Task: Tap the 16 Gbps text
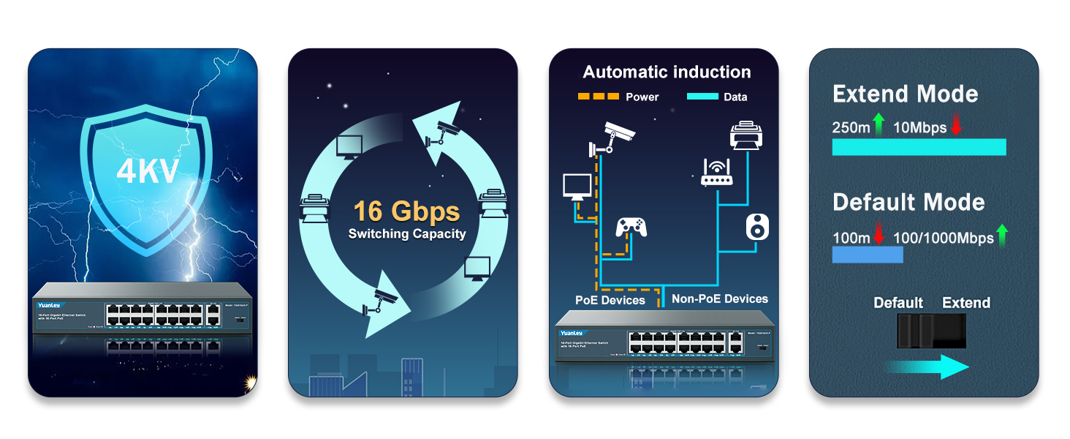(406, 211)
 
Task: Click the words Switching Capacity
(406, 234)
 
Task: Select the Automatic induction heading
(667, 72)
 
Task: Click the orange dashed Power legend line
(597, 97)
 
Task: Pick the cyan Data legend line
(704, 97)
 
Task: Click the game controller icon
(631, 226)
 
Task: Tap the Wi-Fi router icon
(716, 173)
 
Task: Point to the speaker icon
(757, 227)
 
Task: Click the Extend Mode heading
(905, 94)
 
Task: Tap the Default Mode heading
(908, 202)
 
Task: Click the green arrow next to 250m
(879, 126)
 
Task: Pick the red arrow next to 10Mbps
(956, 126)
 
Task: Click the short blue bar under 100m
(868, 254)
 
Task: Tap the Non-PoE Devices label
(720, 299)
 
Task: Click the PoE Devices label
(610, 300)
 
